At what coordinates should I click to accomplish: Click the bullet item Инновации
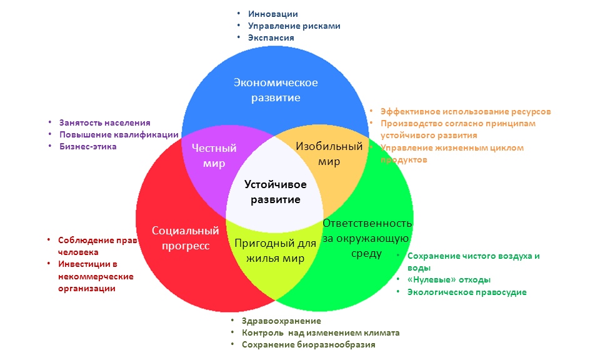[x=272, y=14]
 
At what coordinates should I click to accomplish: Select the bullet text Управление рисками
[x=294, y=26]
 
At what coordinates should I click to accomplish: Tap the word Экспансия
[x=271, y=37]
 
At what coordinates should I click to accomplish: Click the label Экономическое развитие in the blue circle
[x=276, y=90]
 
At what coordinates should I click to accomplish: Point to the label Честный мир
[x=214, y=155]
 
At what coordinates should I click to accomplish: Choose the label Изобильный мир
[x=329, y=154]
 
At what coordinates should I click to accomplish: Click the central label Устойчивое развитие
[x=275, y=192]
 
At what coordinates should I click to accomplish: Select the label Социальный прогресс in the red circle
[x=185, y=238]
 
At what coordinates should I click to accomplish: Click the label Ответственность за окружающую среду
[x=366, y=238]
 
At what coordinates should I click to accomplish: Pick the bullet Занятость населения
[x=104, y=123]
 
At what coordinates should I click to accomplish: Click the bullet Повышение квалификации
[x=119, y=134]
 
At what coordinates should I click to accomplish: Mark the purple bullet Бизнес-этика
[x=87, y=146]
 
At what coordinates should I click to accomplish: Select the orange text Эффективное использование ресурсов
[x=465, y=111]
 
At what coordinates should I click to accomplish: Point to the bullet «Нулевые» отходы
[x=448, y=280]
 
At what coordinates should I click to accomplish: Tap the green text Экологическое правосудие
[x=466, y=292]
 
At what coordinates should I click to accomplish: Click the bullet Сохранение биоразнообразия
[x=309, y=344]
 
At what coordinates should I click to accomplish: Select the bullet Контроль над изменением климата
[x=320, y=332]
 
